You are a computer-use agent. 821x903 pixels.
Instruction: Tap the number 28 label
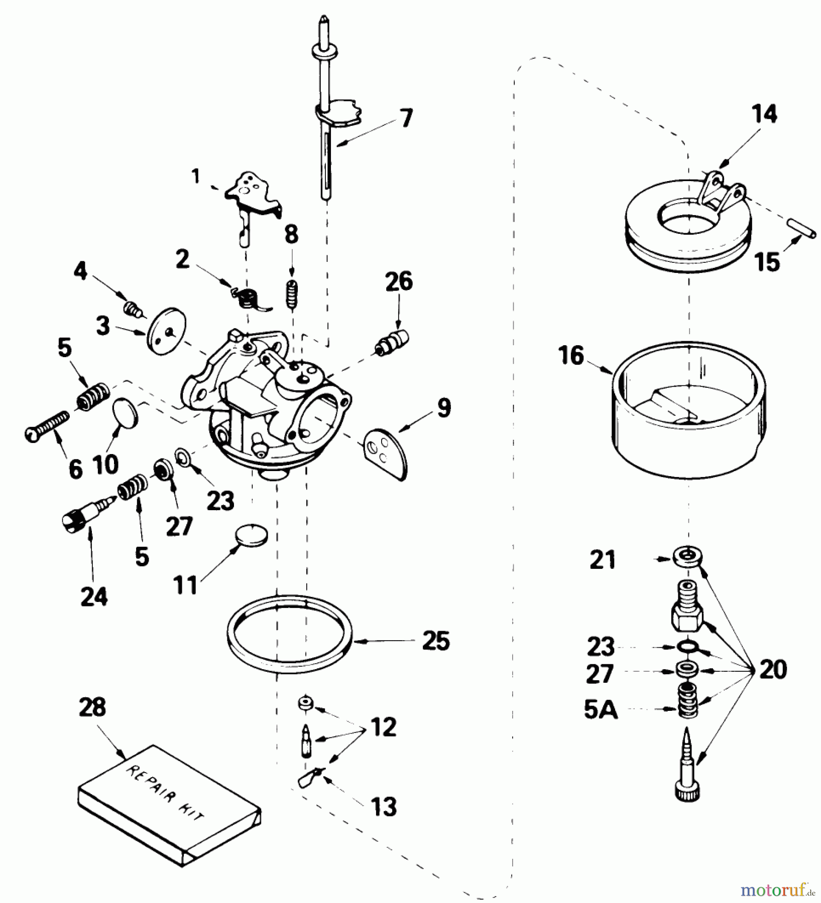pyautogui.click(x=92, y=707)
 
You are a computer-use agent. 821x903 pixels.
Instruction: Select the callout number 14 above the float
pyautogui.click(x=764, y=115)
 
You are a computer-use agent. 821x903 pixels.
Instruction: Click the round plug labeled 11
pyautogui.click(x=252, y=535)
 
